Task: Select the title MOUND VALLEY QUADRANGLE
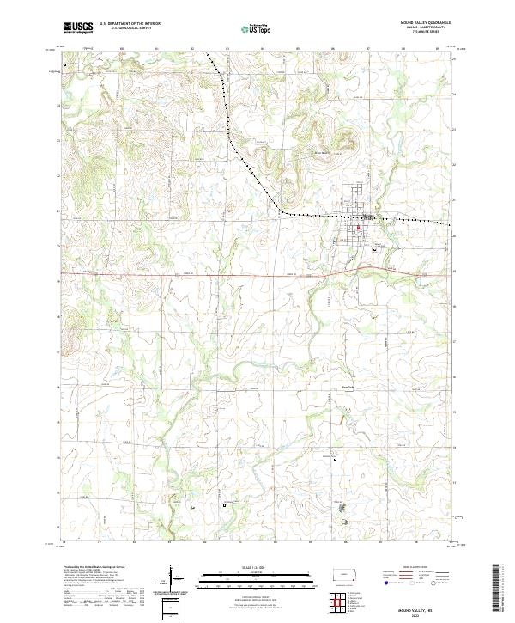[x=424, y=23]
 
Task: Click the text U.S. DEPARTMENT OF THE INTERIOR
[x=130, y=24]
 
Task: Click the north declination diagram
[x=173, y=577]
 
